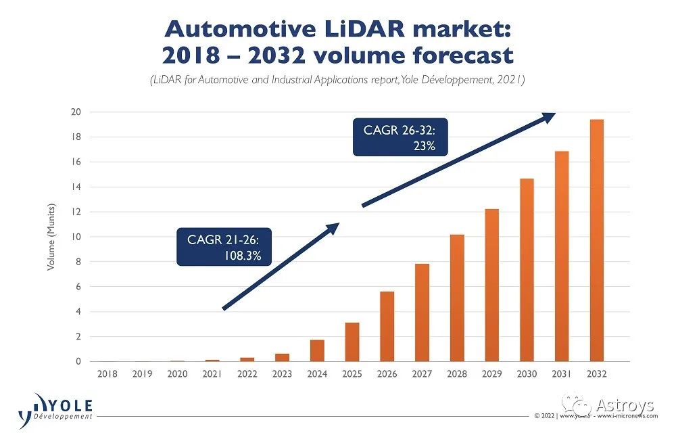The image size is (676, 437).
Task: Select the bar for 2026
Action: point(387,327)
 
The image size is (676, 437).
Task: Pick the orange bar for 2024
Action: point(317,350)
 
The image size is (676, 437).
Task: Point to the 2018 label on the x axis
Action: point(107,373)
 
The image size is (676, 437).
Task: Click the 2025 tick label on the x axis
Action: point(352,373)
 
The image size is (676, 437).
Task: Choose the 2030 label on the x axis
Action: point(526,373)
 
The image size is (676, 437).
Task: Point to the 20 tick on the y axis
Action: point(76,112)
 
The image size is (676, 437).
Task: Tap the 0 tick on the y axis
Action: point(78,361)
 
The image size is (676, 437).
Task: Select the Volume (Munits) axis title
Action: point(51,237)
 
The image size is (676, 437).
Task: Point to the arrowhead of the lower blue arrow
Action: point(331,228)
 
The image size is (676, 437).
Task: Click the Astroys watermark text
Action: point(625,405)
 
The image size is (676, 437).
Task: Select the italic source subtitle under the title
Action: point(338,80)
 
